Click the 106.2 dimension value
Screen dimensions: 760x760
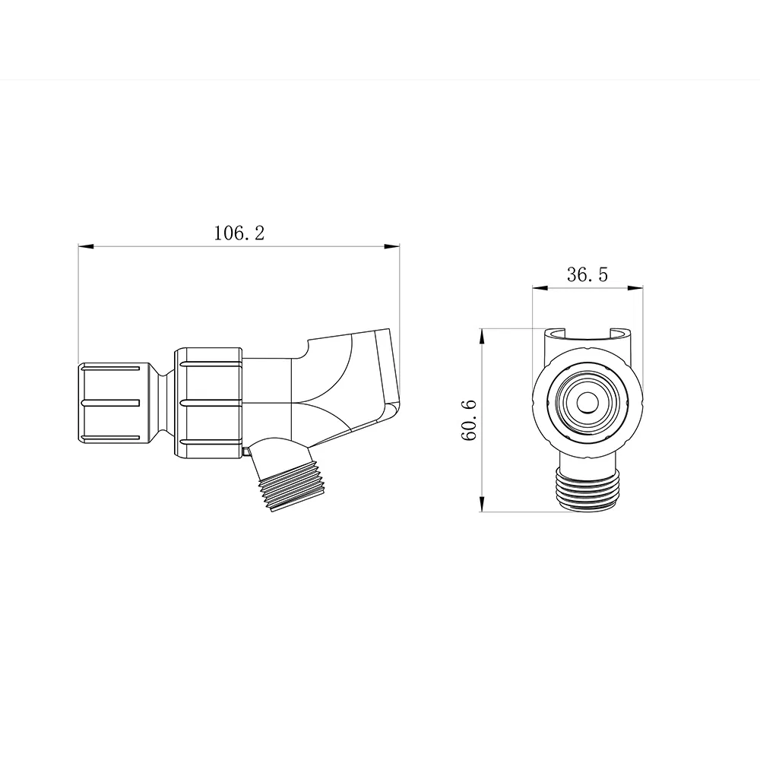click(239, 233)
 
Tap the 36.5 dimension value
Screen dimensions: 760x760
click(587, 275)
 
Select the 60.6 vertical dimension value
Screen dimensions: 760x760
click(469, 420)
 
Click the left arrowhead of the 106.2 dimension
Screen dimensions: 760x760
click(85, 247)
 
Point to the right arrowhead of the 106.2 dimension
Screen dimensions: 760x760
click(392, 247)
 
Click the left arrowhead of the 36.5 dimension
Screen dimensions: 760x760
click(540, 288)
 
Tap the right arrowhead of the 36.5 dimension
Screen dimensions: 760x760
click(635, 288)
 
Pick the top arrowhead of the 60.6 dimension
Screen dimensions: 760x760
click(482, 336)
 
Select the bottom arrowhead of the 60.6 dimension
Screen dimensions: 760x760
click(482, 504)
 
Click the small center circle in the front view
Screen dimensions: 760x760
click(587, 403)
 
